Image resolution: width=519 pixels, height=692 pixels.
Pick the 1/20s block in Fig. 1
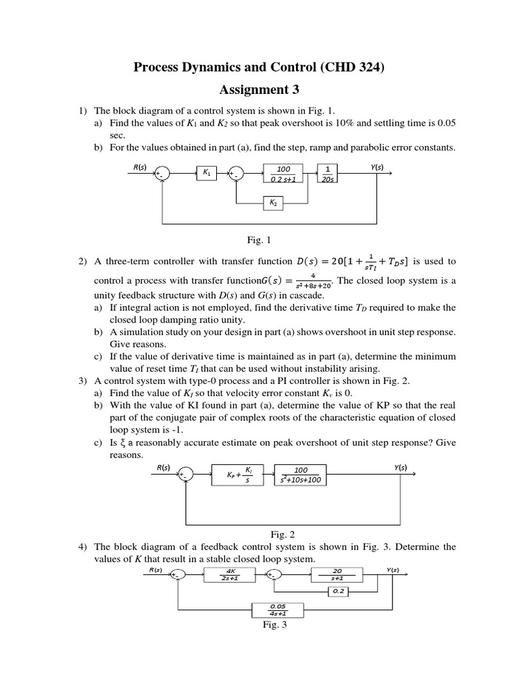(328, 174)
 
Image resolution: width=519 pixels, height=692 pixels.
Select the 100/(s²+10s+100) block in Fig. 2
(301, 474)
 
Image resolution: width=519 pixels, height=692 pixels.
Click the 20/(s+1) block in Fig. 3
(337, 575)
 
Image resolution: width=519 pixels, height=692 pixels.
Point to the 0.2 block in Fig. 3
(337, 591)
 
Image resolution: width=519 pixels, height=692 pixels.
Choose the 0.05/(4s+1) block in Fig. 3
(278, 610)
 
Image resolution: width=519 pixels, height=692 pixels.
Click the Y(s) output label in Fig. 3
(393, 569)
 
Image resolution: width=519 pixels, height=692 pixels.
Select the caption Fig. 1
(259, 239)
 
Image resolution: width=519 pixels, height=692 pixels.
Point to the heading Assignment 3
(259, 89)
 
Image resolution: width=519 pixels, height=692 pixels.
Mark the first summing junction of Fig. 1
(161, 174)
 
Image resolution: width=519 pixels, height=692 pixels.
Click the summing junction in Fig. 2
(184, 474)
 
